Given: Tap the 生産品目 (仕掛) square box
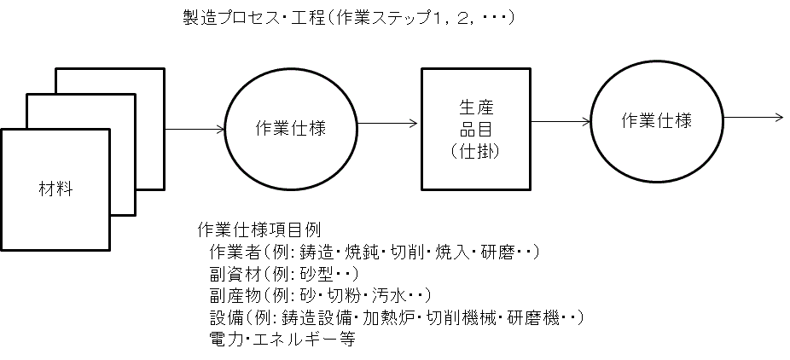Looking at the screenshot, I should (475, 129).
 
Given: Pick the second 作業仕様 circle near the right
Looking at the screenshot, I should (655, 120).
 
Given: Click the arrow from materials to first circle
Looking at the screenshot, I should (195, 130).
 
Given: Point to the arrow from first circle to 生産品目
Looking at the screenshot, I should (388, 123).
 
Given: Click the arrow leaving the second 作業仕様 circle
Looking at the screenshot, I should (753, 116).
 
